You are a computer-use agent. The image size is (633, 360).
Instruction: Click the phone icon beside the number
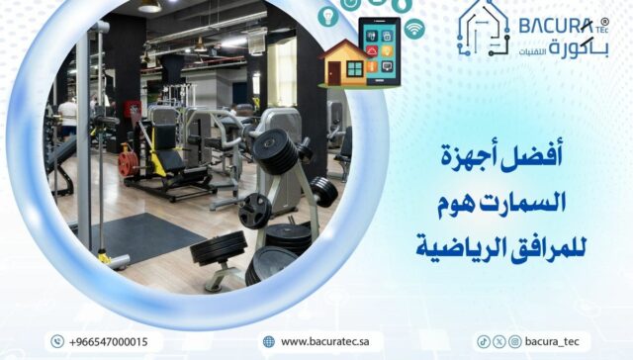click(x=57, y=341)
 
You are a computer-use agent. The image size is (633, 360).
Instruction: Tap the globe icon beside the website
click(x=268, y=341)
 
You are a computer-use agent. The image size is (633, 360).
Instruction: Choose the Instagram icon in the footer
click(x=513, y=341)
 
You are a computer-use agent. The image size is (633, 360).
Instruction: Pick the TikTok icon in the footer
click(x=484, y=341)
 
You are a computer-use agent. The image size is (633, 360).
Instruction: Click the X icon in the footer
click(x=498, y=341)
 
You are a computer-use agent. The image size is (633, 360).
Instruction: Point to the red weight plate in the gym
click(x=127, y=163)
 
